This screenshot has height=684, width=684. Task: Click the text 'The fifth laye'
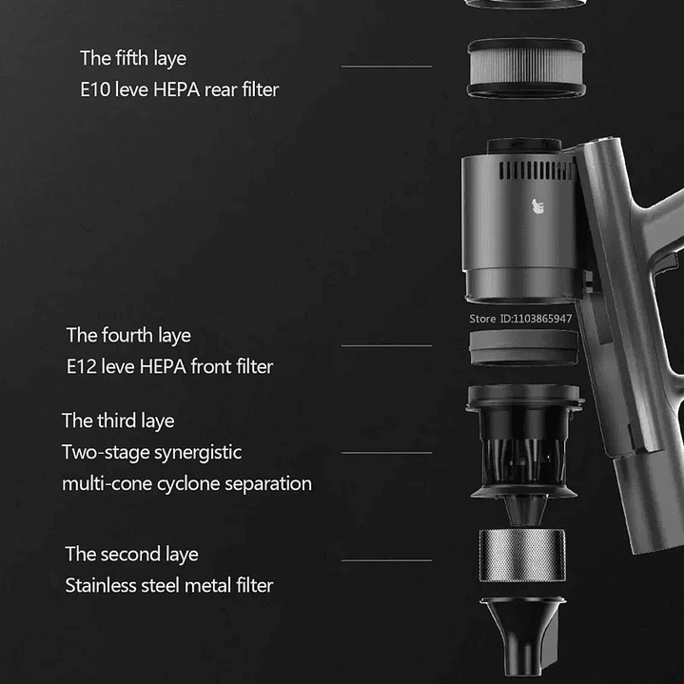[x=133, y=58]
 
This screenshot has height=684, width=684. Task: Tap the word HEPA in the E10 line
[x=177, y=89]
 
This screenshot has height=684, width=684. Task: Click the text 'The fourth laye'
[x=128, y=336]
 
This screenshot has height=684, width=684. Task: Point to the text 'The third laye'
[x=118, y=421]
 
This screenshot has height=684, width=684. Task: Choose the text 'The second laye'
[x=131, y=555]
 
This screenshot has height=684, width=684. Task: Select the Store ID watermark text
[x=520, y=319]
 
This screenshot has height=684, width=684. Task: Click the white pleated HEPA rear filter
[x=526, y=68]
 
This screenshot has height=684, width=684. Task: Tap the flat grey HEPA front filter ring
[x=524, y=347]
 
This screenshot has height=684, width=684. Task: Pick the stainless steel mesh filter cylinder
[x=522, y=556]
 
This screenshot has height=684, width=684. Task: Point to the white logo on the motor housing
[x=537, y=206]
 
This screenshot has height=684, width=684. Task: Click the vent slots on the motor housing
[x=537, y=170]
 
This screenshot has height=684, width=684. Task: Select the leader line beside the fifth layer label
[x=386, y=67]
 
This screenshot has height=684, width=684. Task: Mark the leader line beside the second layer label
[x=386, y=560]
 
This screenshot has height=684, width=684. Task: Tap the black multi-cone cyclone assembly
[x=525, y=454]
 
